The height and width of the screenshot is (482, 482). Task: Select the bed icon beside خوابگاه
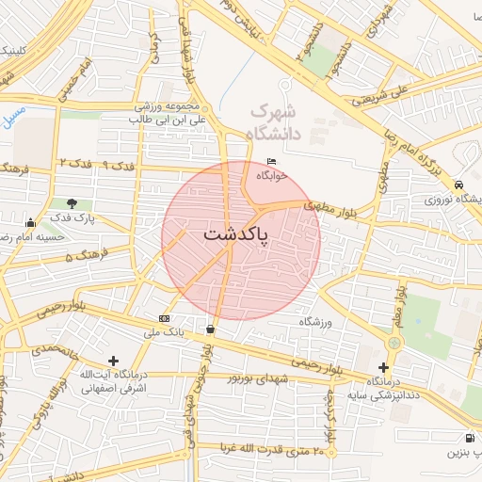click(x=272, y=160)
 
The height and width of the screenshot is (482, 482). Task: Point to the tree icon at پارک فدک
click(x=72, y=203)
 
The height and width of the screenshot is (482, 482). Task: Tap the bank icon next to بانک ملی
click(x=165, y=318)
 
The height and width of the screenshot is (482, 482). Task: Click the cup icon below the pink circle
click(x=209, y=329)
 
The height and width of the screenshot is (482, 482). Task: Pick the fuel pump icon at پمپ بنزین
click(x=469, y=439)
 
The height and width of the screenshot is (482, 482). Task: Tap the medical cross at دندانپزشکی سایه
click(x=383, y=366)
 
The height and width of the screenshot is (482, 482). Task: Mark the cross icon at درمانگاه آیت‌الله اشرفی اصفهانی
click(x=114, y=361)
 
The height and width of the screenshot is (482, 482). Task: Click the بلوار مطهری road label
click(x=332, y=204)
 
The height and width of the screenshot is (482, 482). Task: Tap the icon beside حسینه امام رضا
click(x=31, y=223)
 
